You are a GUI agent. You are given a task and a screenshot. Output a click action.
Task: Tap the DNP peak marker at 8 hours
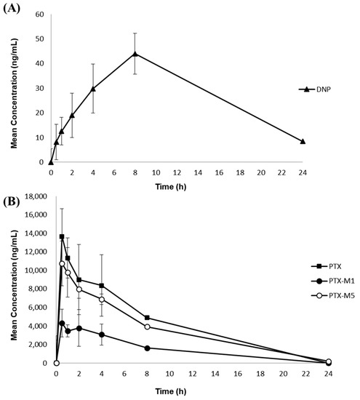click(x=135, y=53)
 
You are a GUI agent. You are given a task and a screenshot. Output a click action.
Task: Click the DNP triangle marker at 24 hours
click(x=303, y=141)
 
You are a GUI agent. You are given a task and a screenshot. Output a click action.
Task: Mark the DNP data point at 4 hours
click(x=93, y=89)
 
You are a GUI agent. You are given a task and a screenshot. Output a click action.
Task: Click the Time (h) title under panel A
click(x=177, y=186)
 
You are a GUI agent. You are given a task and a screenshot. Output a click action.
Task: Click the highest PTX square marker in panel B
click(x=62, y=236)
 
